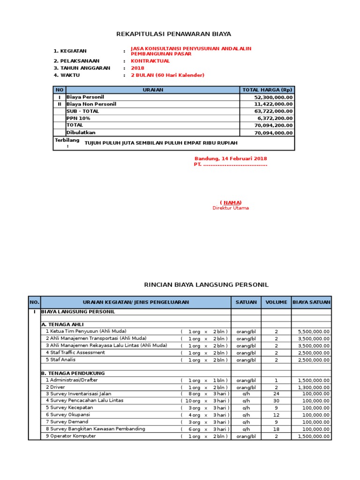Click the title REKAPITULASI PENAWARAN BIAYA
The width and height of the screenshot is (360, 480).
pos(174,34)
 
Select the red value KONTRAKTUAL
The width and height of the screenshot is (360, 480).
pos(150,61)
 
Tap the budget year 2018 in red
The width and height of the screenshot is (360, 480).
pos(138,68)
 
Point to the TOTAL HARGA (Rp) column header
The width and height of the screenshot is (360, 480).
pos(267,90)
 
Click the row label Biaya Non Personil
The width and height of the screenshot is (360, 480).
pos(91,104)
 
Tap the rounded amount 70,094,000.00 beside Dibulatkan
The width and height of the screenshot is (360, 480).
pos(273,133)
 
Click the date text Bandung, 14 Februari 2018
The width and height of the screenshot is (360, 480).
pos(231,159)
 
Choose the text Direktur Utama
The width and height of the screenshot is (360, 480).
pos(231,208)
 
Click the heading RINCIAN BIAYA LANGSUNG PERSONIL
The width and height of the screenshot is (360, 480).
pos(206,285)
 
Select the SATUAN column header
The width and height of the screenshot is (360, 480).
pos(246,302)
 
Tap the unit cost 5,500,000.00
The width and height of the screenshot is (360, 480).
pos(314,331)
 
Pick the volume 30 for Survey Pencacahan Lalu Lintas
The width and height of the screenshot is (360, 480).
pos(276,401)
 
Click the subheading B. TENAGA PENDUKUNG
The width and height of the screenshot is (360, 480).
pos(73,373)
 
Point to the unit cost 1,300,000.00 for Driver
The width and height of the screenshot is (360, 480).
pos(314,388)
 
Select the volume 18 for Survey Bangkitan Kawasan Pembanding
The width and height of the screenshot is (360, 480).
pos(276,429)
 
